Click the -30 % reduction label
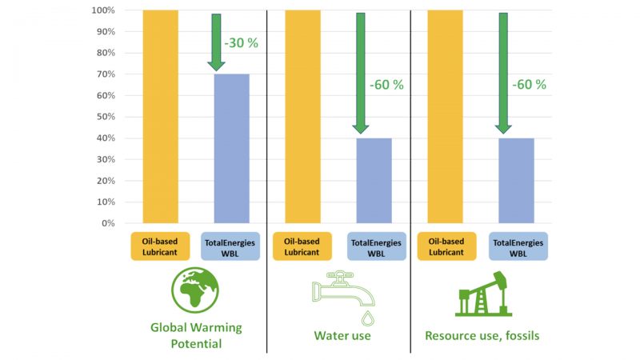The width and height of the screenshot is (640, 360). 241,43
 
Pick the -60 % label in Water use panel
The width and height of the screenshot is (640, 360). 386,84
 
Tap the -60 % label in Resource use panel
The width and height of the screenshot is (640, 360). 529,84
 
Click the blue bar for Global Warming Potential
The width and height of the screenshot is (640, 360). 231,148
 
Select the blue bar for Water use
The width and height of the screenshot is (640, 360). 374,180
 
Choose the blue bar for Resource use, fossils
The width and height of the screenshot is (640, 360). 516,180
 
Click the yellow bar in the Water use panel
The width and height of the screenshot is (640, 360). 303,116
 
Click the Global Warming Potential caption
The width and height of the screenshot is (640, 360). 196,335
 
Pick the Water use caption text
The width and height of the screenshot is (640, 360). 342,335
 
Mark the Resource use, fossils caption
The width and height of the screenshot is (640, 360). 482,335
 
